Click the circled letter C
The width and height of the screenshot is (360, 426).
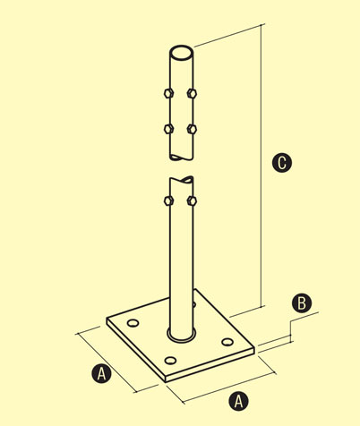coord(282,163)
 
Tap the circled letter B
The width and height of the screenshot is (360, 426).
coord(302,303)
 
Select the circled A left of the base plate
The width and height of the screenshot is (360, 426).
coord(101,373)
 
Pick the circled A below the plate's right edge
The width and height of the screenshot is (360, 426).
coord(238,401)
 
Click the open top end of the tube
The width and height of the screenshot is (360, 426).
coord(181,54)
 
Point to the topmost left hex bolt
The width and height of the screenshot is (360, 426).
coord(168,93)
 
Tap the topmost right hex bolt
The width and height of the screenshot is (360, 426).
coord(192,93)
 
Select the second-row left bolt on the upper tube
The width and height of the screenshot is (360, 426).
coord(168,129)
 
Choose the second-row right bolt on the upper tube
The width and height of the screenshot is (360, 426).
coord(192,129)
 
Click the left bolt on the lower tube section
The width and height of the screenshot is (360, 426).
coord(168,200)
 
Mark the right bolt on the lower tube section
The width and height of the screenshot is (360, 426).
coord(192,200)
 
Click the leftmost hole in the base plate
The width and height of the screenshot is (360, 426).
coord(133,323)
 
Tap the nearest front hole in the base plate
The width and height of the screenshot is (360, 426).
coord(170,361)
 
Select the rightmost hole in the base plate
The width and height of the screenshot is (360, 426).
coord(227,342)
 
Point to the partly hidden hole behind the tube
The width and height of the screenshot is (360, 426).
coord(194,304)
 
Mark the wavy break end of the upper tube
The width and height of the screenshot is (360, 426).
coord(181,158)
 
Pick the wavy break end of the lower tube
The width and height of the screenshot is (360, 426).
coord(182,180)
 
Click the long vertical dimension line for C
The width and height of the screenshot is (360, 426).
coord(261,166)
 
